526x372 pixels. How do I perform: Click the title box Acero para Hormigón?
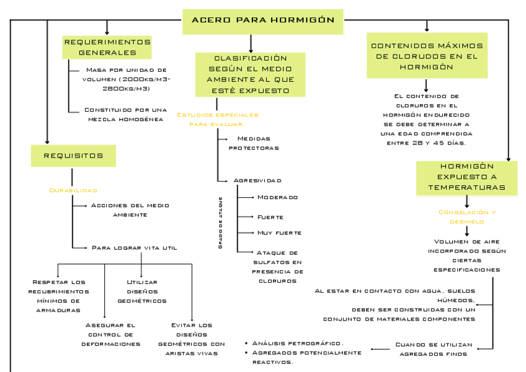tap(263, 20)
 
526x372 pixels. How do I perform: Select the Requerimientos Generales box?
tap(107, 47)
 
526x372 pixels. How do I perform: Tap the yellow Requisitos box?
tap(73, 155)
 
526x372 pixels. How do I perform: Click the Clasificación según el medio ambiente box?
tap(251, 74)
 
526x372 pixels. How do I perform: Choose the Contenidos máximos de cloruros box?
tap(426, 56)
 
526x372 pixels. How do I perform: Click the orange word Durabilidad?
tap(73, 190)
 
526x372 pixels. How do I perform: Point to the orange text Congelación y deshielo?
tap(467, 216)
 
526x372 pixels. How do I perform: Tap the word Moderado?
tap(277, 197)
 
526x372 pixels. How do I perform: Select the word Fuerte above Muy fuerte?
tap(270, 217)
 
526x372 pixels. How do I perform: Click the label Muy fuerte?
tap(279, 232)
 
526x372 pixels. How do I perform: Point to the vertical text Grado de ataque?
tap(221, 223)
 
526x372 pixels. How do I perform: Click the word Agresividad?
tap(257, 180)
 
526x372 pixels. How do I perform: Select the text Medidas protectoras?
tap(254, 143)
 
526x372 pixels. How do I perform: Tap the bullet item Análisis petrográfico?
tap(298, 343)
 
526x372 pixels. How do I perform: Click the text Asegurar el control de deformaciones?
tap(111, 334)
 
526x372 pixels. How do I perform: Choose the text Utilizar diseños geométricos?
tap(142, 291)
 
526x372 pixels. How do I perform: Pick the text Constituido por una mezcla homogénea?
tap(125, 114)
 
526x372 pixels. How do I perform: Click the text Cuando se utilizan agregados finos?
tap(434, 349)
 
